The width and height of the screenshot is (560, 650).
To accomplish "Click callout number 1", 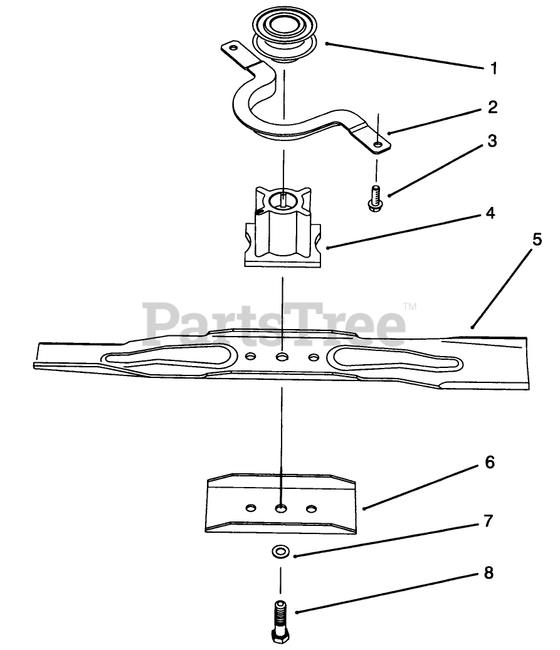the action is tap(494, 68).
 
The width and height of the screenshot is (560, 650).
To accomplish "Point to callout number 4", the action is tap(490, 214).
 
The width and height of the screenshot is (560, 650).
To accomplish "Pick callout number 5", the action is tap(537, 240).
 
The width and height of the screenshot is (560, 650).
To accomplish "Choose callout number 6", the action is tap(490, 463).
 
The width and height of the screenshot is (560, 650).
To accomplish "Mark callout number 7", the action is tap(489, 521).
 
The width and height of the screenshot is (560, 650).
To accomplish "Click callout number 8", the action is tap(489, 572).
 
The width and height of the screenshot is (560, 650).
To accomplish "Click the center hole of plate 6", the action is tap(281, 506).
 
